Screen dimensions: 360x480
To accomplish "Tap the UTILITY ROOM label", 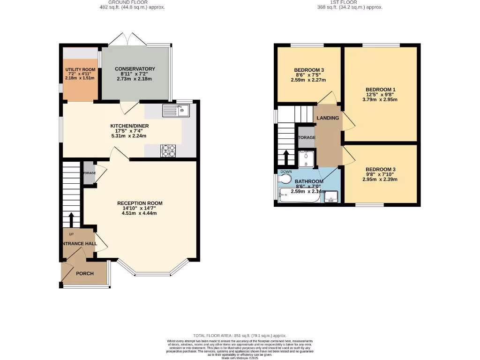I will point(80,70).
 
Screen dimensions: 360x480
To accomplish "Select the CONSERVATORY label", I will point(135,69).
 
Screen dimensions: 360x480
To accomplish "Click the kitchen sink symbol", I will point(175,111).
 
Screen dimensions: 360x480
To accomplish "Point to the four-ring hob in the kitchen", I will point(168,150).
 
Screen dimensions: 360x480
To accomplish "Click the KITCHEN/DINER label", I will point(128,126).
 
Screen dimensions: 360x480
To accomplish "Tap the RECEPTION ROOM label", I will point(140,203).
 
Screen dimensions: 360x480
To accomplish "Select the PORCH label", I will point(85,273).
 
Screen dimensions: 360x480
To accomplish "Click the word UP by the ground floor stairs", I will point(71,234).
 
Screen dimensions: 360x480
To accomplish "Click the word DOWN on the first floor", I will point(286,172).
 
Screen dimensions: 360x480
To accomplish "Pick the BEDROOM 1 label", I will point(381,90).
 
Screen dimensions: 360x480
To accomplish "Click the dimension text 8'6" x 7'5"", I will point(309,75).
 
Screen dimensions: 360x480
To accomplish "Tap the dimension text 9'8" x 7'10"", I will point(380,174).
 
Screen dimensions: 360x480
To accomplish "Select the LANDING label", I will point(328,118).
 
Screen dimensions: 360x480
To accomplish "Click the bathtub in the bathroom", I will point(299,196).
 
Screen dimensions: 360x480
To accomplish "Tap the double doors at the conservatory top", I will point(128,39).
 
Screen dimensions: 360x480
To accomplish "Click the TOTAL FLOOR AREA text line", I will point(240,336).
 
